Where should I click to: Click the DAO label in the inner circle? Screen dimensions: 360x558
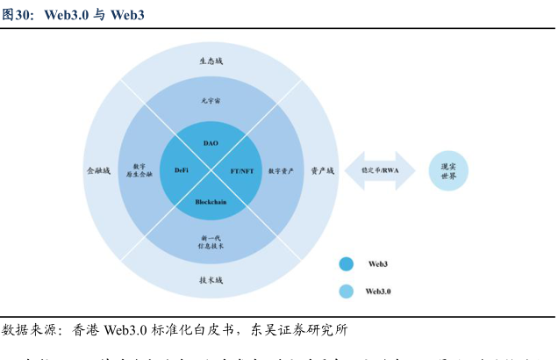point(211,142)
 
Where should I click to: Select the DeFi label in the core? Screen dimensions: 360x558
point(182,169)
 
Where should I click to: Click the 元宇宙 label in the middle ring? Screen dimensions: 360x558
point(211,102)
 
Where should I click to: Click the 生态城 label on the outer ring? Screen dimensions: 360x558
point(211,61)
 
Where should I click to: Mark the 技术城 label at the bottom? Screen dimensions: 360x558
point(211,280)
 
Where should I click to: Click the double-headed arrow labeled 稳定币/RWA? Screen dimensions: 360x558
point(380,169)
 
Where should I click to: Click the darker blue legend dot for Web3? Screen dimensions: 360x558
point(346,263)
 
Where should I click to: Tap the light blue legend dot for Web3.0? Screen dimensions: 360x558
point(346,291)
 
